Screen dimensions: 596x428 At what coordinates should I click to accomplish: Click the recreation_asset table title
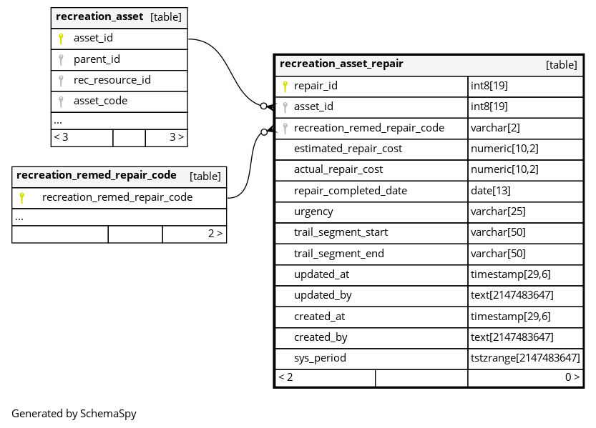click(x=99, y=16)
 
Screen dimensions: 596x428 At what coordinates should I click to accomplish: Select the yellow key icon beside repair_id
click(x=285, y=86)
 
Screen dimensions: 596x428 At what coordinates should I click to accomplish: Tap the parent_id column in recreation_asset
click(x=97, y=59)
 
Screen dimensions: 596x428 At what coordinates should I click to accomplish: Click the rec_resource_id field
click(x=112, y=80)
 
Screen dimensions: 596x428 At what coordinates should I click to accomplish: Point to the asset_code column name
click(x=100, y=101)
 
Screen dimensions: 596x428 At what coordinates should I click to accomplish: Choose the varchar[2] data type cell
click(x=495, y=128)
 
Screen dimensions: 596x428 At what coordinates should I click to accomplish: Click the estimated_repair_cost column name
click(x=348, y=149)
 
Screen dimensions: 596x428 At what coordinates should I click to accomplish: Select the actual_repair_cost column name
click(x=338, y=169)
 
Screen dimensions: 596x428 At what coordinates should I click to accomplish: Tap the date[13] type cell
click(x=490, y=191)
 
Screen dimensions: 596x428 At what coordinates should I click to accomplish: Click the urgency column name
click(x=313, y=211)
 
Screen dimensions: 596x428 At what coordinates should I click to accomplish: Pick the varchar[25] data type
click(x=498, y=211)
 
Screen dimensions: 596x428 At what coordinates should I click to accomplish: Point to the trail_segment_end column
click(x=339, y=254)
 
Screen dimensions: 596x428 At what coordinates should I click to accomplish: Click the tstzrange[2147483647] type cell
click(x=525, y=358)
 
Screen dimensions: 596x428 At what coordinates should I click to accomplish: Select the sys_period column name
click(x=320, y=358)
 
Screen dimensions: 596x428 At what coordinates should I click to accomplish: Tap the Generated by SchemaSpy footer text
click(x=74, y=414)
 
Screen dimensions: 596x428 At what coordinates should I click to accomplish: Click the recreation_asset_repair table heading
click(x=341, y=64)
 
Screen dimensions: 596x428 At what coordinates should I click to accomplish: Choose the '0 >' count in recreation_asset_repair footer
click(x=572, y=377)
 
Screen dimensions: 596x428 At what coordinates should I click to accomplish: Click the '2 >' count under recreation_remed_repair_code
click(x=215, y=234)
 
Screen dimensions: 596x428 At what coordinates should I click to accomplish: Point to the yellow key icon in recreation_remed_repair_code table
click(x=22, y=198)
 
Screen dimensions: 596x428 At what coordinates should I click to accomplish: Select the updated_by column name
click(x=323, y=295)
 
